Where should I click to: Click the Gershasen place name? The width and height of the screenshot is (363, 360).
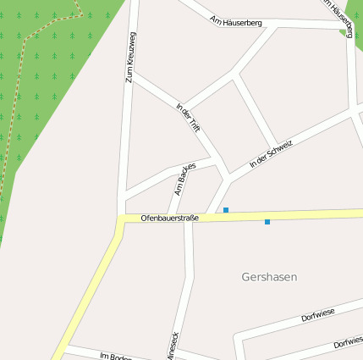point(269,277)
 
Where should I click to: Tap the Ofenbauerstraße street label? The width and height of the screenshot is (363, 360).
point(169,219)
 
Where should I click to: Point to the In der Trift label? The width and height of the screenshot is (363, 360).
point(189,117)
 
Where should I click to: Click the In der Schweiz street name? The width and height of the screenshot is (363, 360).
point(271,153)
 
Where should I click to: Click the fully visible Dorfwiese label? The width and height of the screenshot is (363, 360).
point(318,317)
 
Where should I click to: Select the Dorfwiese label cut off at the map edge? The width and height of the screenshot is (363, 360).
point(348,343)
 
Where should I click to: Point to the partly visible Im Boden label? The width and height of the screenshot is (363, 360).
point(115,356)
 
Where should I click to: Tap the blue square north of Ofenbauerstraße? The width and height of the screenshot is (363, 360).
point(226,209)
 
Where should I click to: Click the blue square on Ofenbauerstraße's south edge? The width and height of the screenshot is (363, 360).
point(267,222)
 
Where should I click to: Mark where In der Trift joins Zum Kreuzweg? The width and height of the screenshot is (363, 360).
point(133,75)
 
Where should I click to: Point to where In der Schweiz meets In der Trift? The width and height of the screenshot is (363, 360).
point(227,177)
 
